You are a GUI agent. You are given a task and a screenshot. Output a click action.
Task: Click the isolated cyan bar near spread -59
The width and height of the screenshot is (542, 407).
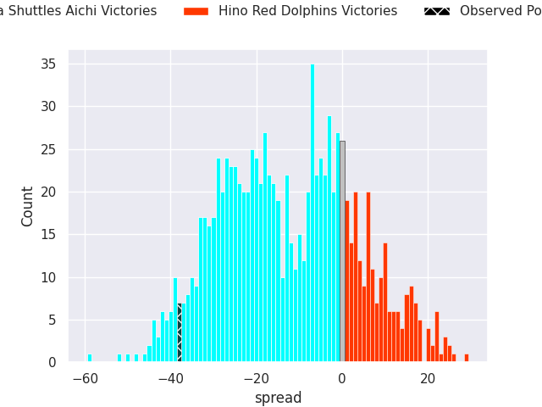pos(90,358)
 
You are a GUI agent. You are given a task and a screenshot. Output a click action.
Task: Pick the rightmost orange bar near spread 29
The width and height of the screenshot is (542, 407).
pos(467,358)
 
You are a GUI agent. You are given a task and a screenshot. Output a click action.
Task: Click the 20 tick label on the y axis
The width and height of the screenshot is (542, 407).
pos(50,192)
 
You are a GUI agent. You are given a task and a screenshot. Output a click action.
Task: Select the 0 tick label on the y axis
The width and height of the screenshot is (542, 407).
pos(53,363)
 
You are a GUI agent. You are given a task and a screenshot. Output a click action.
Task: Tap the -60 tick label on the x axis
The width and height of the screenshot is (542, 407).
pos(85,379)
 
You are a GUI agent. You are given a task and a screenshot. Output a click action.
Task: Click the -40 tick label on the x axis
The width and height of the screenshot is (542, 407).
pos(170,379)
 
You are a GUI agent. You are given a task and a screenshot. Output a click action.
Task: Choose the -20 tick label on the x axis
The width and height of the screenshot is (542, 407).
pos(256,379)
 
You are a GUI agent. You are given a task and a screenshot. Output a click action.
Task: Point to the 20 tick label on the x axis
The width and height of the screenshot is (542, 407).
pos(428,379)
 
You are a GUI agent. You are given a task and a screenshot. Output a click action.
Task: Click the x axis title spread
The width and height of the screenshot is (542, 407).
pos(278,398)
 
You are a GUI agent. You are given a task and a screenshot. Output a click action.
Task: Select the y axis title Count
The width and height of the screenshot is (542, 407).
pos(28,206)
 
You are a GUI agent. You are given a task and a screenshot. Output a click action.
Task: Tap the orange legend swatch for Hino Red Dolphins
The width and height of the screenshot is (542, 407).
pos(196,11)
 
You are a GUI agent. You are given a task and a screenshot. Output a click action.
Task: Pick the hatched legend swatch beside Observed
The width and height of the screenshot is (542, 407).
pos(437,11)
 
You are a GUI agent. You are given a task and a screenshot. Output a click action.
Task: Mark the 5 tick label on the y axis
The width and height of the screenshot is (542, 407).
pos(53,321)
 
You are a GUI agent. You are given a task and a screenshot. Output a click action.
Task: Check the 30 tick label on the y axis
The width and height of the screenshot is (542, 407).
pos(50,107)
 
